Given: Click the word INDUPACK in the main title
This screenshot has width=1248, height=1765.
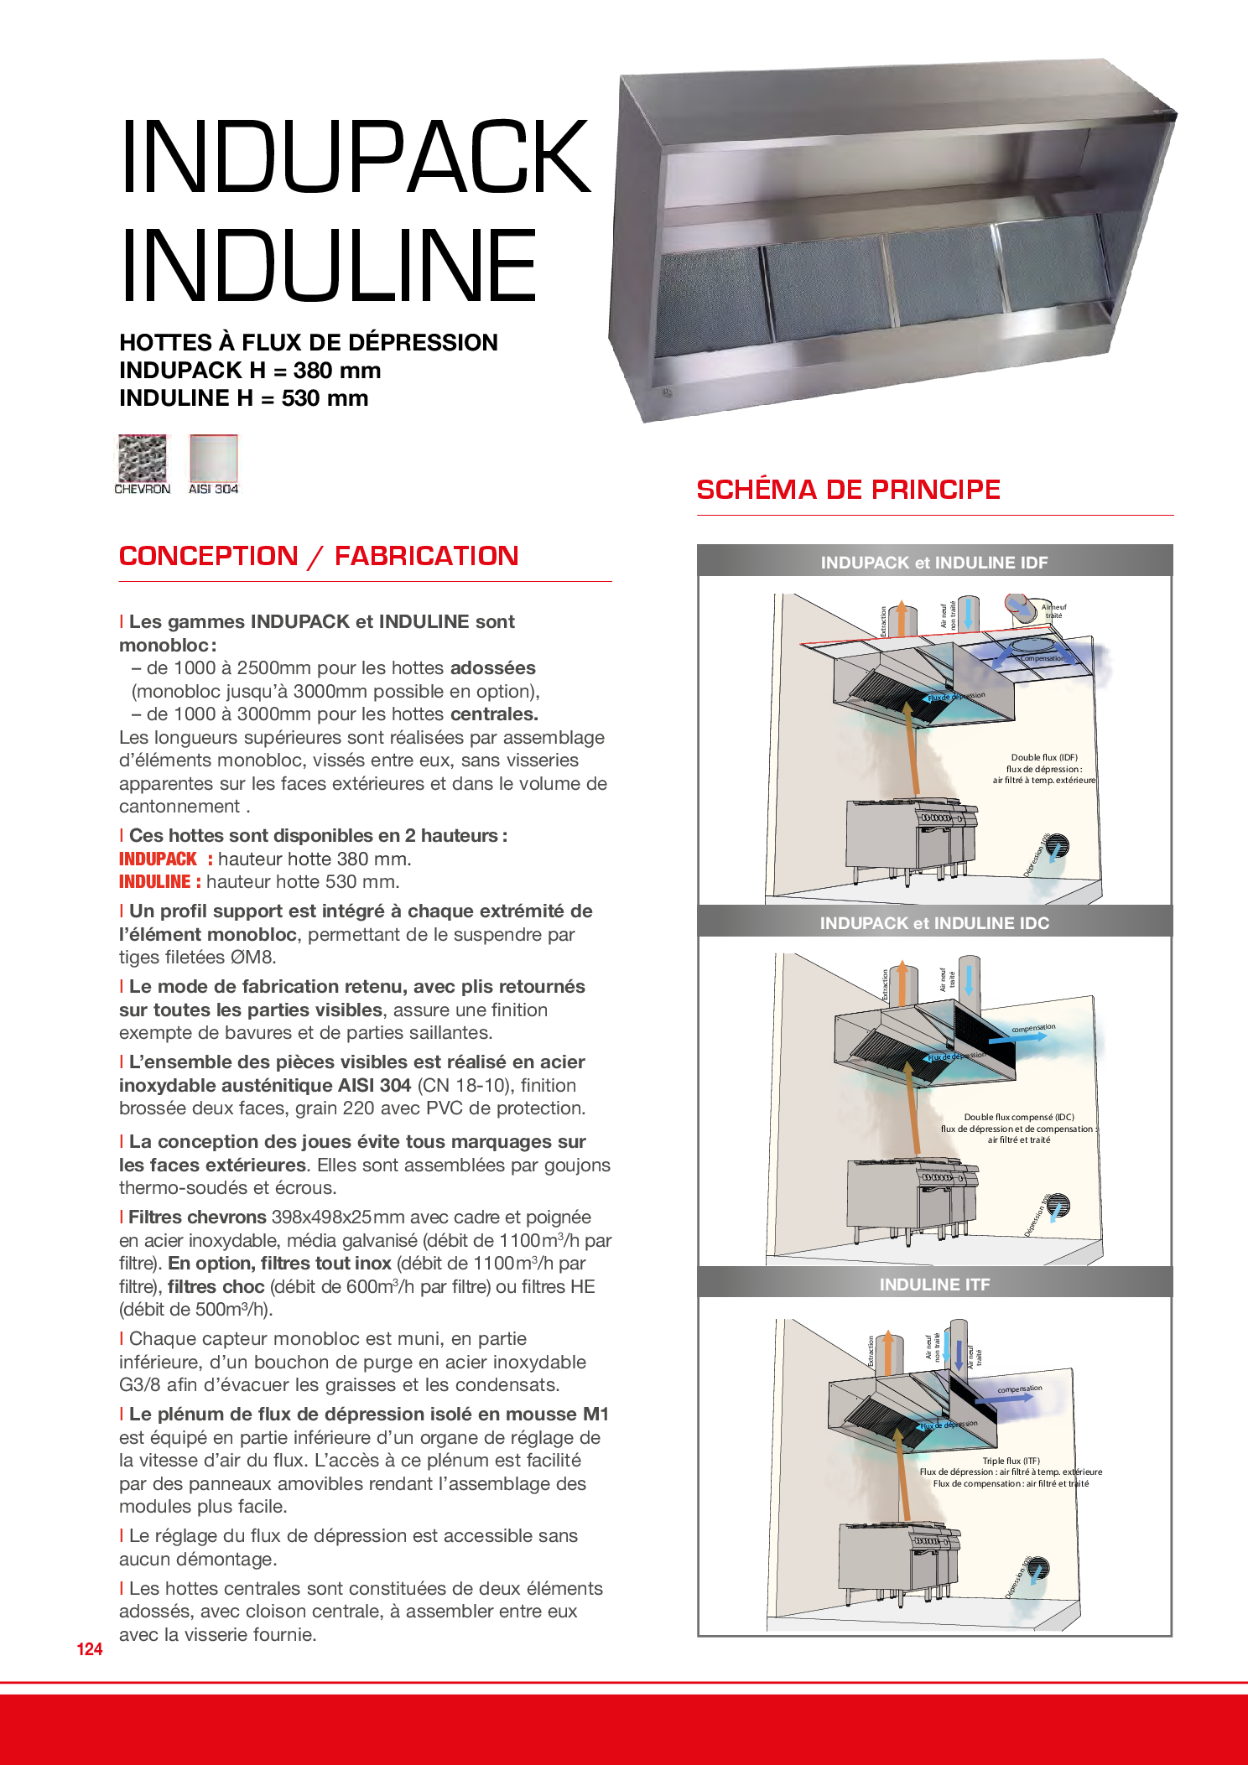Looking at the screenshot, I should [x=356, y=157].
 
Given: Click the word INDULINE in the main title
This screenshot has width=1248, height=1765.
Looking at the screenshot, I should [x=329, y=266].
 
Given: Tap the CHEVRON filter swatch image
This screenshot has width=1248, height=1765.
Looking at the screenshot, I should [x=142, y=459].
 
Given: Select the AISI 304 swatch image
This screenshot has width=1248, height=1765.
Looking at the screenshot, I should [x=214, y=459].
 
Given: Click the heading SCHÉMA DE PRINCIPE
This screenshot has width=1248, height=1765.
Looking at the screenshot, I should [x=848, y=490].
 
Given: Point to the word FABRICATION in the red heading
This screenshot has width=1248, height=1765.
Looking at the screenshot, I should [x=426, y=556].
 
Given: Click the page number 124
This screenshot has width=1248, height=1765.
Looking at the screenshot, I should [x=90, y=1649].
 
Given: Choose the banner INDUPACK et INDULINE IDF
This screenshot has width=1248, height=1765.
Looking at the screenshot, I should [x=934, y=563].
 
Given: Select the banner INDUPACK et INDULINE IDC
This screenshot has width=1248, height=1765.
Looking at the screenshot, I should [x=934, y=923].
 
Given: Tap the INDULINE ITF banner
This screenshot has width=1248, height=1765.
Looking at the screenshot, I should [x=934, y=1285].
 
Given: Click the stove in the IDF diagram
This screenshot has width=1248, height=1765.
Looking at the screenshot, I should [x=910, y=838].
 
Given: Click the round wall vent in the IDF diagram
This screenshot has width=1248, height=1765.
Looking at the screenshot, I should [x=1057, y=846].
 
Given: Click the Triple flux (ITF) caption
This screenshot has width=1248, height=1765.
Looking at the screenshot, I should [x=1011, y=1461].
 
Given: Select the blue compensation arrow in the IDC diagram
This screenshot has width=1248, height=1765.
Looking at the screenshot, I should [x=1018, y=1038].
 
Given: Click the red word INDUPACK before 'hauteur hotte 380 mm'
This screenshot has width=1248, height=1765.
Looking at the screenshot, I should [x=158, y=859].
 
